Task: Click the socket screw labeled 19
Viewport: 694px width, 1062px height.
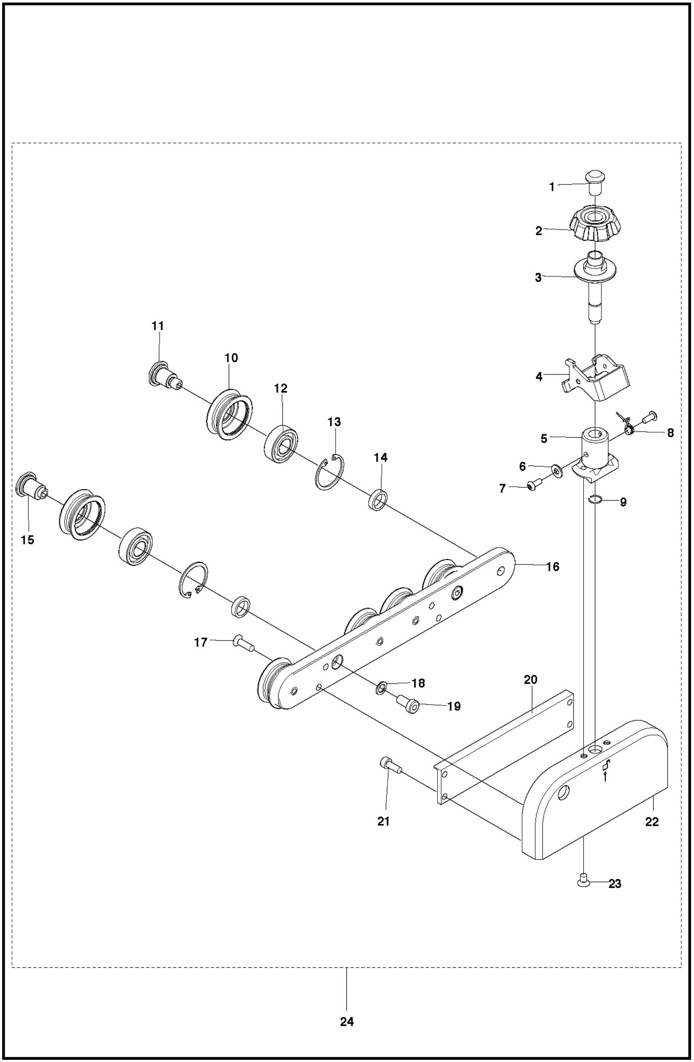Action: coord(408,706)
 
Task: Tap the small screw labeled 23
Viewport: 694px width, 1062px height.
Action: coord(583,881)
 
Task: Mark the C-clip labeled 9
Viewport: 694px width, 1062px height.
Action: coord(596,501)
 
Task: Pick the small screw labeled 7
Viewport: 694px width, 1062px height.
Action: coord(533,486)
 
